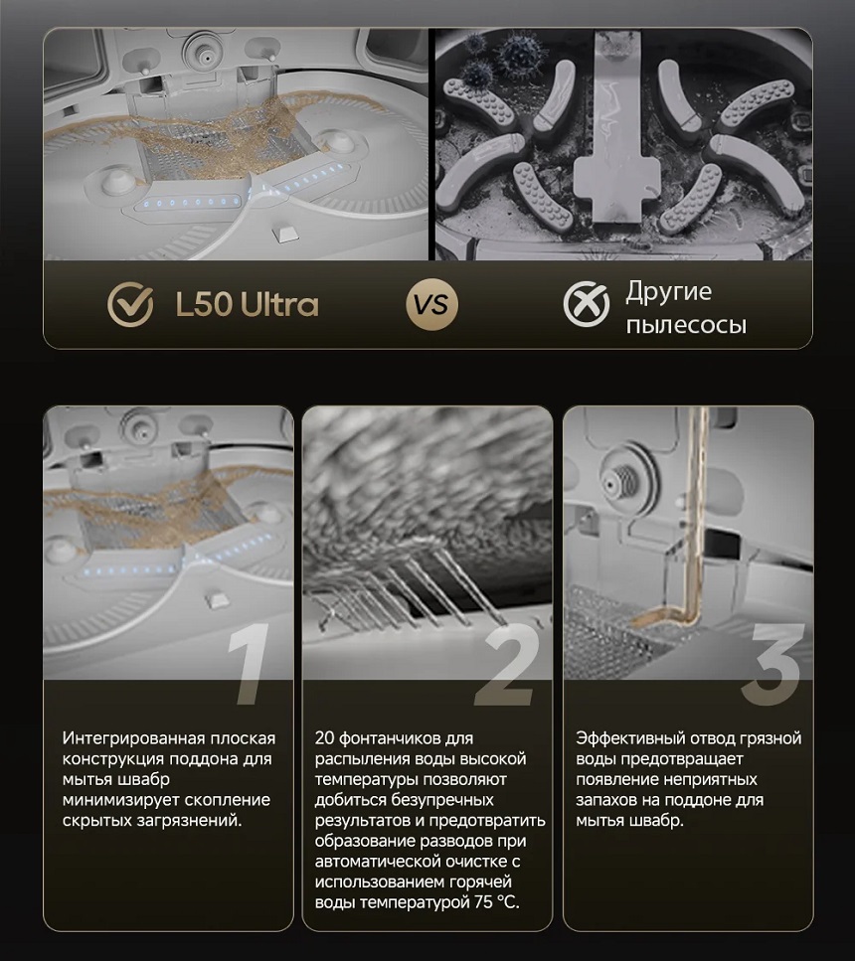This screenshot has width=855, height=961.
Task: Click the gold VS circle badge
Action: [431, 304]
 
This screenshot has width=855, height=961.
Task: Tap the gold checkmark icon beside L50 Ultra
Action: [130, 304]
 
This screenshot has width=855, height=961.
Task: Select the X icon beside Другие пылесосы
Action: [587, 304]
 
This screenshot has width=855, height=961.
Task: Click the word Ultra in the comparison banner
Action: [279, 304]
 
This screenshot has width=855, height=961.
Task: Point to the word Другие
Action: [668, 292]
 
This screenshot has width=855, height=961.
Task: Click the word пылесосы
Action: [686, 324]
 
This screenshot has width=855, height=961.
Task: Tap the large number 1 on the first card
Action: [249, 664]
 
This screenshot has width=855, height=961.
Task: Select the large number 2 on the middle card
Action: [505, 664]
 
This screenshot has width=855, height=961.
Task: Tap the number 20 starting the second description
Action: [324, 738]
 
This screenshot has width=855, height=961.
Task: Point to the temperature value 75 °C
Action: [496, 902]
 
